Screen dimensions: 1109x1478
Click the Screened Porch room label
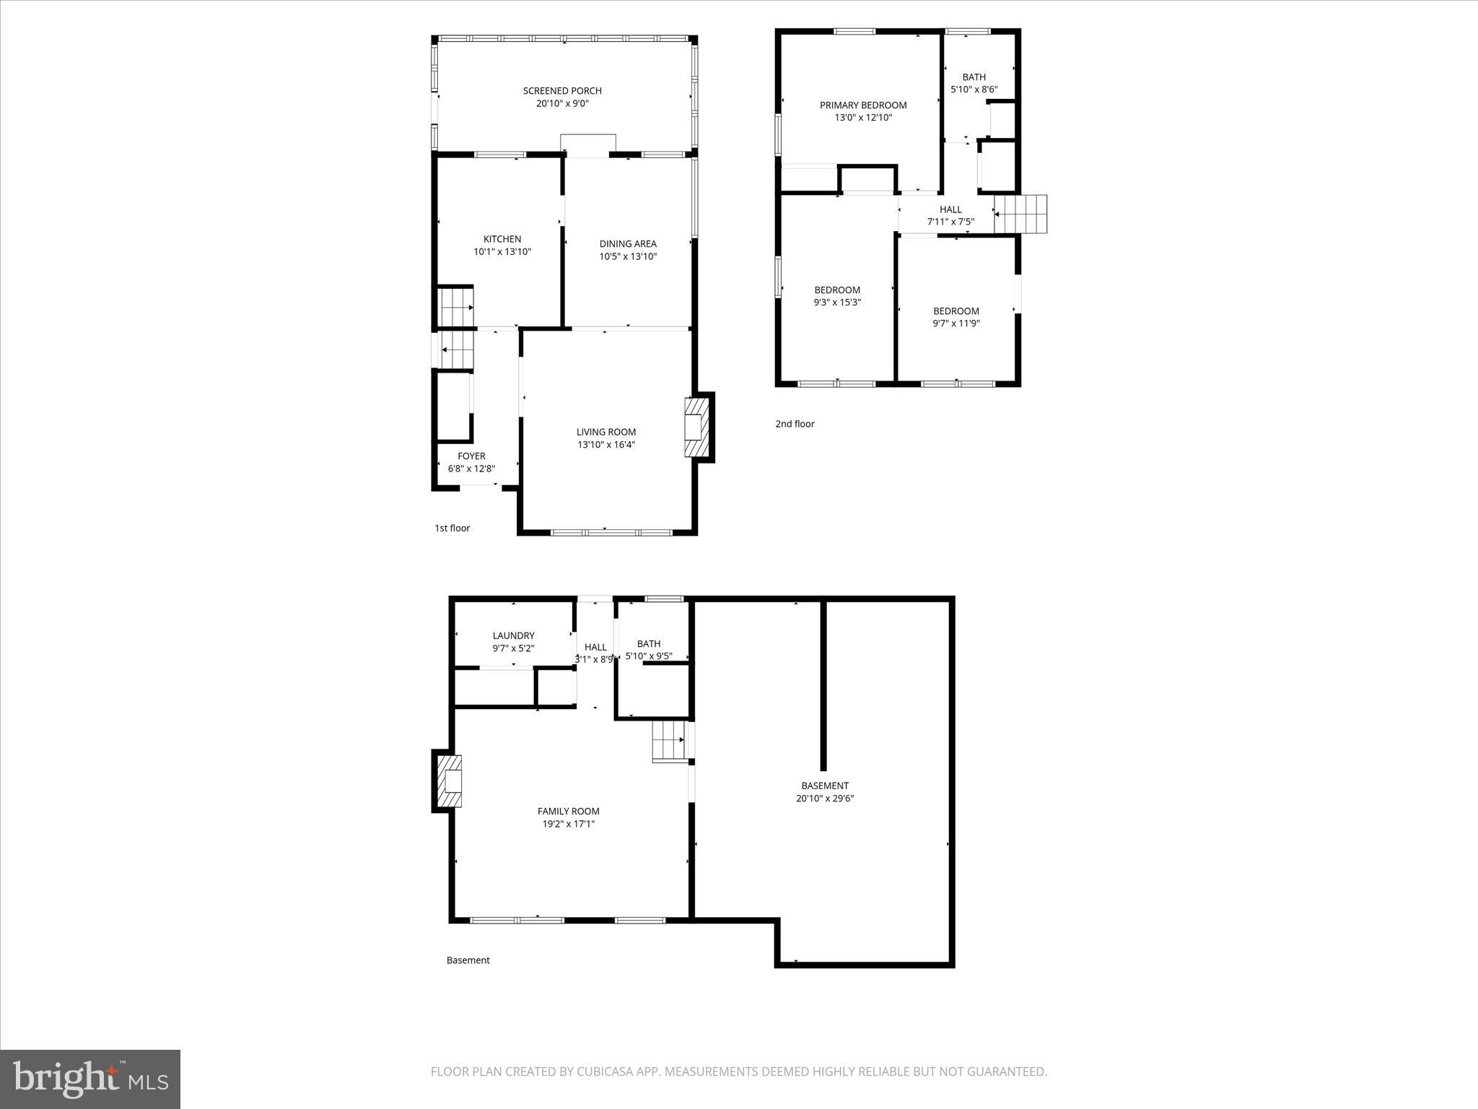click(x=562, y=91)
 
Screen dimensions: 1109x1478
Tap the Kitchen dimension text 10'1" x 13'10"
click(x=502, y=252)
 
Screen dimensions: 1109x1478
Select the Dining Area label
click(x=628, y=244)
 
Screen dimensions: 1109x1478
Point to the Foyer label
click(x=471, y=456)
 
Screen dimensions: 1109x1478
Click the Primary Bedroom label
click(x=863, y=105)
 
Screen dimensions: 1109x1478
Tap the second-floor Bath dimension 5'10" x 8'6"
click(x=974, y=90)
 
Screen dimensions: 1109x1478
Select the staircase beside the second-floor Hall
click(x=1020, y=214)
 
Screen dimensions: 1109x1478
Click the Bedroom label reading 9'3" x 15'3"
click(x=837, y=290)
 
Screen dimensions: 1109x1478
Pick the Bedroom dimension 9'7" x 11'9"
click(x=956, y=323)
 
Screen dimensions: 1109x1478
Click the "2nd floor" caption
click(x=795, y=424)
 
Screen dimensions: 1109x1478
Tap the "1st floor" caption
click(x=452, y=529)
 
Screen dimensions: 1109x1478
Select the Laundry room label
click(x=513, y=636)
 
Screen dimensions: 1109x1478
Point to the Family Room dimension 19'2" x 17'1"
click(x=569, y=824)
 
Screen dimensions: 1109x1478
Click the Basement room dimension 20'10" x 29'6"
click(x=825, y=799)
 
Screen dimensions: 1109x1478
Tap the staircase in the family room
click(x=669, y=741)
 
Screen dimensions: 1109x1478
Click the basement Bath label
click(x=648, y=644)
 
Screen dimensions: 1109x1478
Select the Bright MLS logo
click(x=90, y=1079)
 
